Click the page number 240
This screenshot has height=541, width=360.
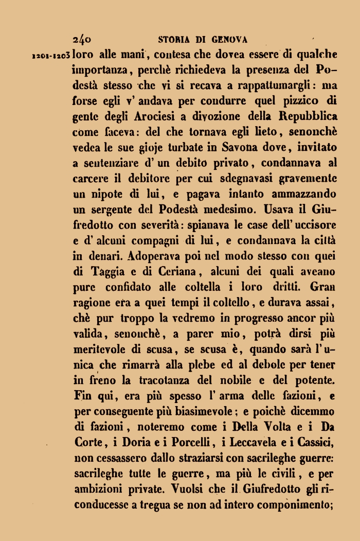(x=82, y=39)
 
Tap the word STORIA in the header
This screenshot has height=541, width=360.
(x=174, y=39)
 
